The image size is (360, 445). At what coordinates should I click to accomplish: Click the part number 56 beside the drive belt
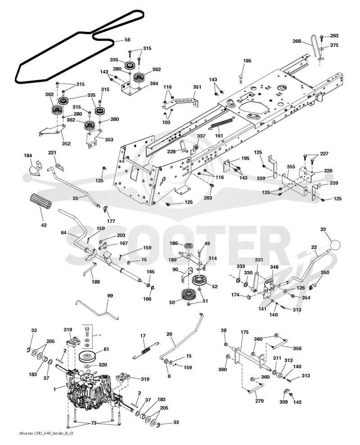click(x=127, y=40)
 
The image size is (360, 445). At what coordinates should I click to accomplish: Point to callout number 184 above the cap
click(x=28, y=155)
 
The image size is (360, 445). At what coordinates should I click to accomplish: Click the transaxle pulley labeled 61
click(x=88, y=357)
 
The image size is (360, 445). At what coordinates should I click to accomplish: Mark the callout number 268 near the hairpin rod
click(x=297, y=41)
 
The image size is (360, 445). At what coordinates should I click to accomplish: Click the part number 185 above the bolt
click(x=247, y=61)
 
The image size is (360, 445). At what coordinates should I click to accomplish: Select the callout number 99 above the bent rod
click(x=110, y=296)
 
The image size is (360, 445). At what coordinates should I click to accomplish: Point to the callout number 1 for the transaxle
click(x=55, y=389)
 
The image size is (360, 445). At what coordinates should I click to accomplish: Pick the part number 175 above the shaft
click(x=244, y=332)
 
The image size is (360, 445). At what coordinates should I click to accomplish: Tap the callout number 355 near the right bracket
click(x=291, y=167)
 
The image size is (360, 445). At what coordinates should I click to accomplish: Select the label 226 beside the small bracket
click(x=328, y=171)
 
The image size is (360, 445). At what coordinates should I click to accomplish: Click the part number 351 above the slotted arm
click(x=197, y=87)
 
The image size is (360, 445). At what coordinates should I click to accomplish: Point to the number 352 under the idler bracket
click(x=66, y=144)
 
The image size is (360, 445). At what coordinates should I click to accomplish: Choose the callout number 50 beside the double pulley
click(x=172, y=303)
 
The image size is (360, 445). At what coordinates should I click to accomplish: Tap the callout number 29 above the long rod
click(x=169, y=334)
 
